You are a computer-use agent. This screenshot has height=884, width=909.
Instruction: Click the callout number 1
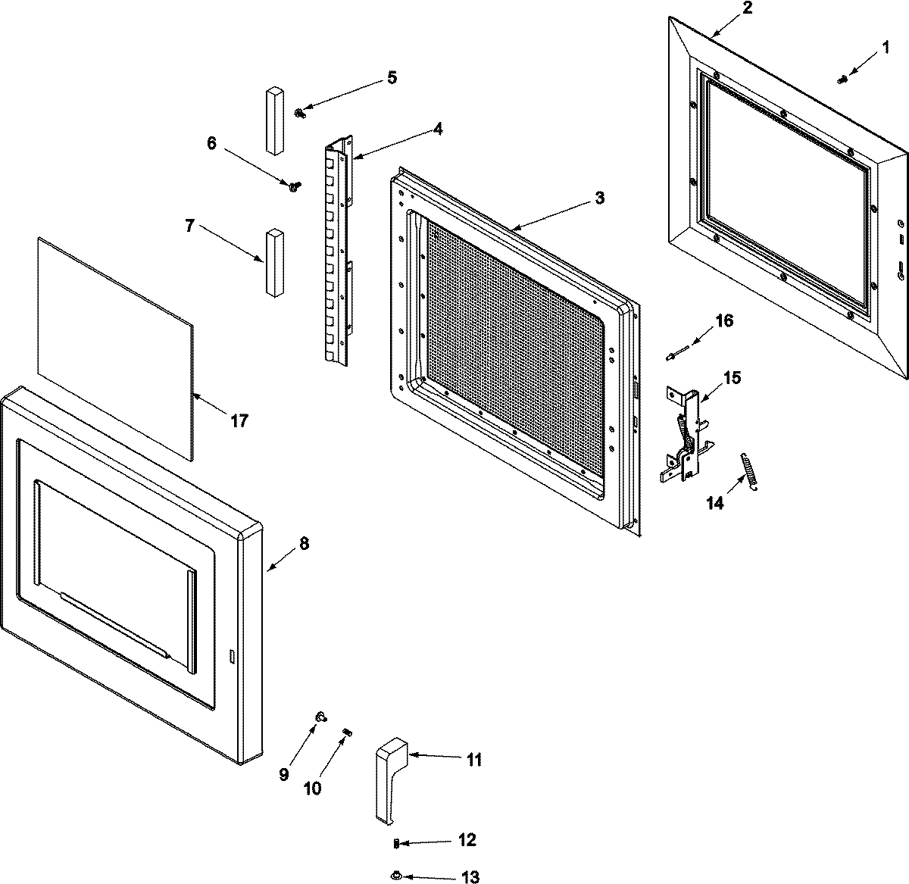point(886,48)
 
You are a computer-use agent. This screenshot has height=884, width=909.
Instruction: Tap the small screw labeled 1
point(842,79)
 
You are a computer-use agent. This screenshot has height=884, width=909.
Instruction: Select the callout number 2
point(747,9)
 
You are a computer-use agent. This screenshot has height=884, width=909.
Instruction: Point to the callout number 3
point(599,198)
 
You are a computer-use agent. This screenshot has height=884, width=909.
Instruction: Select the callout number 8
point(304,543)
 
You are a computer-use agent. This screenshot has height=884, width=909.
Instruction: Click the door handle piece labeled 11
point(391,780)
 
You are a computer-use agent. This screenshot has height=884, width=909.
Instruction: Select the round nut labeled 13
point(395,876)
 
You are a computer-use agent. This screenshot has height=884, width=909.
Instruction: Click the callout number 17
point(239,421)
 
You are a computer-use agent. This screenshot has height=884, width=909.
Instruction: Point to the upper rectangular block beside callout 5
point(273,120)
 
